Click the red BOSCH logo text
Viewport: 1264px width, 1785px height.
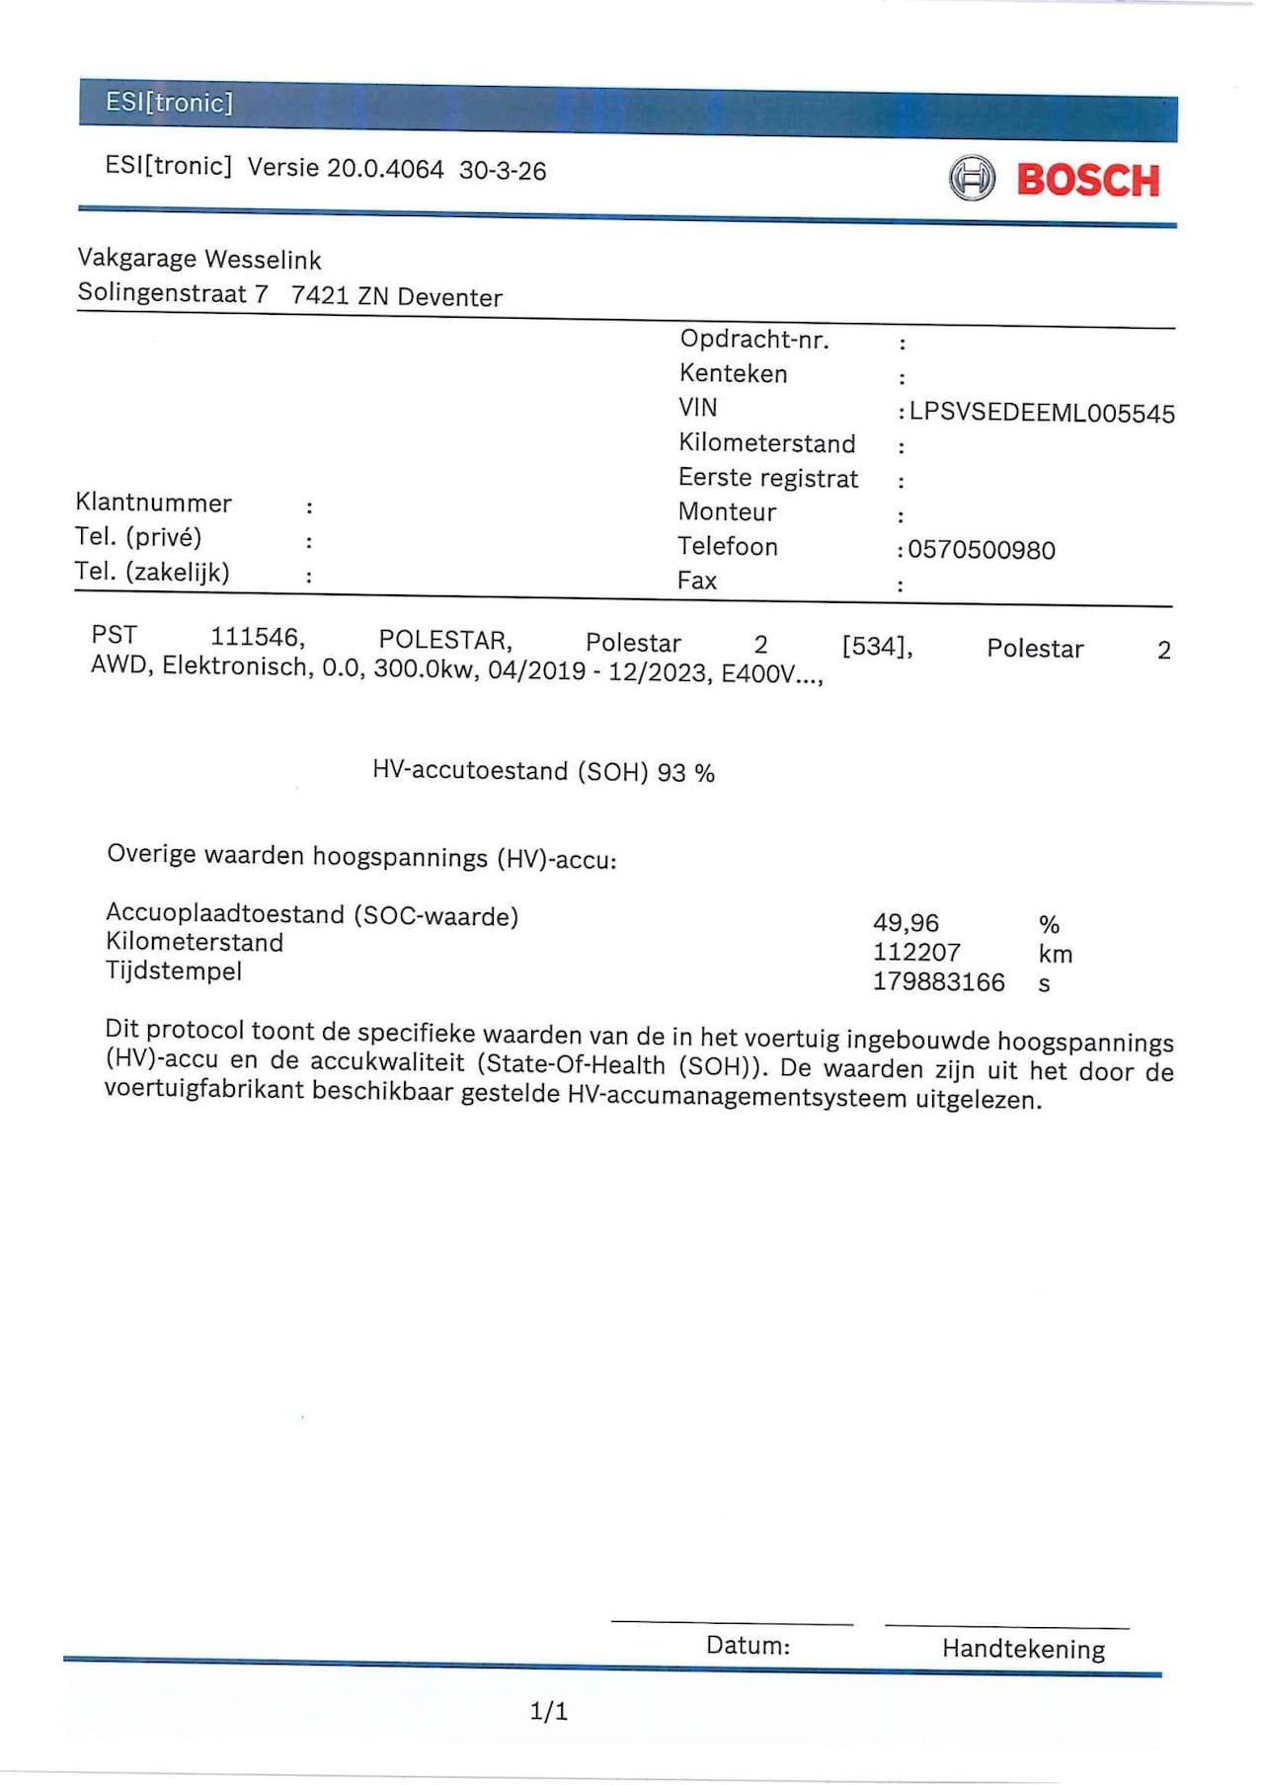[x=1087, y=181]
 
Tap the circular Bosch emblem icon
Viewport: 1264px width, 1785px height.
[x=972, y=179]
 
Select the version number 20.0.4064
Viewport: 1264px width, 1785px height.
[x=385, y=169]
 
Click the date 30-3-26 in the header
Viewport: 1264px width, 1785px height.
[x=502, y=171]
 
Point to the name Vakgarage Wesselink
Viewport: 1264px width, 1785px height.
[x=199, y=260]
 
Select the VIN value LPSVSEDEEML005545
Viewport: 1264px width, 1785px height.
[x=1042, y=413]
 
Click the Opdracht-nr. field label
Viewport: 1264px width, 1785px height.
[x=754, y=340]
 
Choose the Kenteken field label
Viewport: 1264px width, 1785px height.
[x=733, y=374]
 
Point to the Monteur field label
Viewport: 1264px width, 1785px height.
[x=727, y=512]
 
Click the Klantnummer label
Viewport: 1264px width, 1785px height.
[x=153, y=503]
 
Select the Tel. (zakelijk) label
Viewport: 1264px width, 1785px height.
[x=152, y=572]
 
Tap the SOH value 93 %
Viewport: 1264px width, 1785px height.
[x=685, y=773]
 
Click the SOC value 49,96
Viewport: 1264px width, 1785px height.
[x=906, y=923]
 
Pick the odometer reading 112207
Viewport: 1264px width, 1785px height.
[x=916, y=953]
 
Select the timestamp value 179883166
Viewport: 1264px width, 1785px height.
[x=938, y=982]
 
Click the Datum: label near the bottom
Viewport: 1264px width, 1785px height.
[x=748, y=1646]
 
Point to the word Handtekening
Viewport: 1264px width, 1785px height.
[x=1023, y=1649]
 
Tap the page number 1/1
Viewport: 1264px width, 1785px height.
[x=549, y=1711]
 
